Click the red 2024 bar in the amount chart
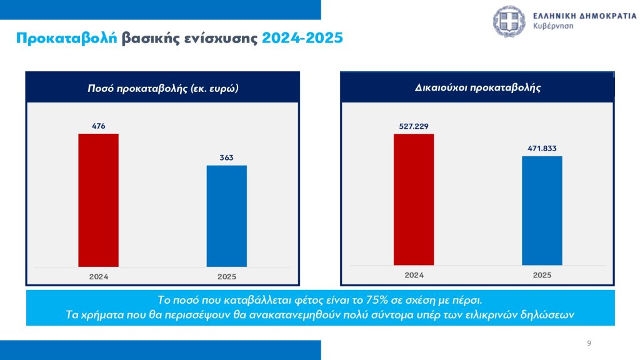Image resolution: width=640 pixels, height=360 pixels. coord(98,200)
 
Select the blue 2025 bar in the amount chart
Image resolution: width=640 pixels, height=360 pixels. coord(227,216)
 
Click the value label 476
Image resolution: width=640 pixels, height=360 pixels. coord(98,126)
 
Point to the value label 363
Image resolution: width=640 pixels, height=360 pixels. coord(227,157)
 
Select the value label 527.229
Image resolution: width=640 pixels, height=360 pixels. coord(414,126)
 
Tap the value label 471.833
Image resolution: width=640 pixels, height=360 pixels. coord(542,148)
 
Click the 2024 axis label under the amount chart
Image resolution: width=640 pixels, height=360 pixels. coord(98,276)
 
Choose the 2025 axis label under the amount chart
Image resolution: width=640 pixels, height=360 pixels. coord(227,276)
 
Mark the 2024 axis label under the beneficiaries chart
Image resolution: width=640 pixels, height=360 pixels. coord(414,275)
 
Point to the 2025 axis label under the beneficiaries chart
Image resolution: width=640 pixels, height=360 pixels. coord(542,275)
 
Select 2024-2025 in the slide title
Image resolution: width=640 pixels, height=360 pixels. coord(302,38)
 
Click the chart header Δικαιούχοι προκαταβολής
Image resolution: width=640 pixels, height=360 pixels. coord(477,87)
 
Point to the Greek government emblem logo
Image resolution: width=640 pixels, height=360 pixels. coord(510,21)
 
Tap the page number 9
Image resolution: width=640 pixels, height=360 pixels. coord(589,343)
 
